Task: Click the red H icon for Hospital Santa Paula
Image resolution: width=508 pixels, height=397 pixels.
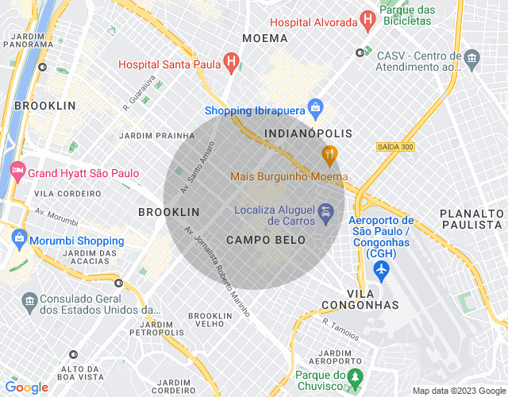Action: [x=231, y=60]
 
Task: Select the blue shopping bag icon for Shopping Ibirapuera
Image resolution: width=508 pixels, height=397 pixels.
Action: [x=315, y=106]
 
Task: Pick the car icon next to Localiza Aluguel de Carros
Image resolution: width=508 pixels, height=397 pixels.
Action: [x=325, y=213]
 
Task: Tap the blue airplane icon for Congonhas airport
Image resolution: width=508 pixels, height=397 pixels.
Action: [x=381, y=271]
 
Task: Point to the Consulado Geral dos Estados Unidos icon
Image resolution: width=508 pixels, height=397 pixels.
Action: [x=29, y=300]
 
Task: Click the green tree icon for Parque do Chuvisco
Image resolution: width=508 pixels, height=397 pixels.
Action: [x=356, y=375]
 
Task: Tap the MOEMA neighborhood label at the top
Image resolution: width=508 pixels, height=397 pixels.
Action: [x=264, y=38]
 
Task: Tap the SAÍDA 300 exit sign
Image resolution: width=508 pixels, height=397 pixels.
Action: [x=395, y=147]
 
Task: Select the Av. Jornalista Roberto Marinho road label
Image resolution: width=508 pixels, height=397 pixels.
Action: [x=217, y=270]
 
